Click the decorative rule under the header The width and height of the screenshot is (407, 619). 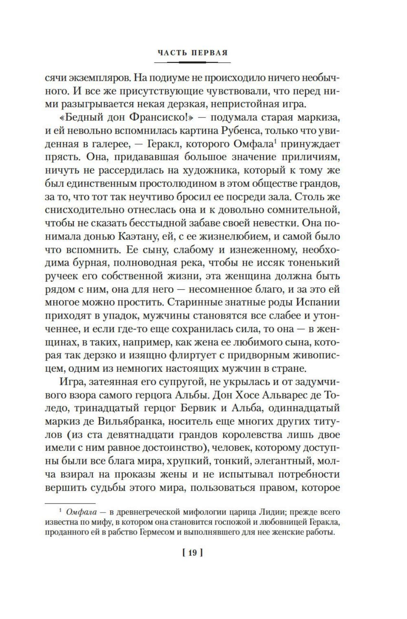(x=193, y=62)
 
